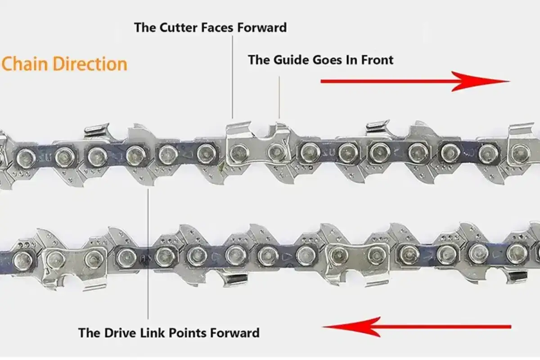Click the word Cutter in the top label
(x=178, y=27)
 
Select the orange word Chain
(x=25, y=64)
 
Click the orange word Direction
(x=90, y=64)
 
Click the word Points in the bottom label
(x=188, y=333)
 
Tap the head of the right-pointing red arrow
(x=480, y=81)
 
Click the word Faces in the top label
(x=217, y=27)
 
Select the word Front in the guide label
(x=377, y=60)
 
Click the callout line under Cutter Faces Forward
(x=232, y=77)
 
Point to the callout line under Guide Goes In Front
(x=279, y=97)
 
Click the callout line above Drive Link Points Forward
(x=148, y=254)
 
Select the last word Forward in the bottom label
(x=235, y=333)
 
